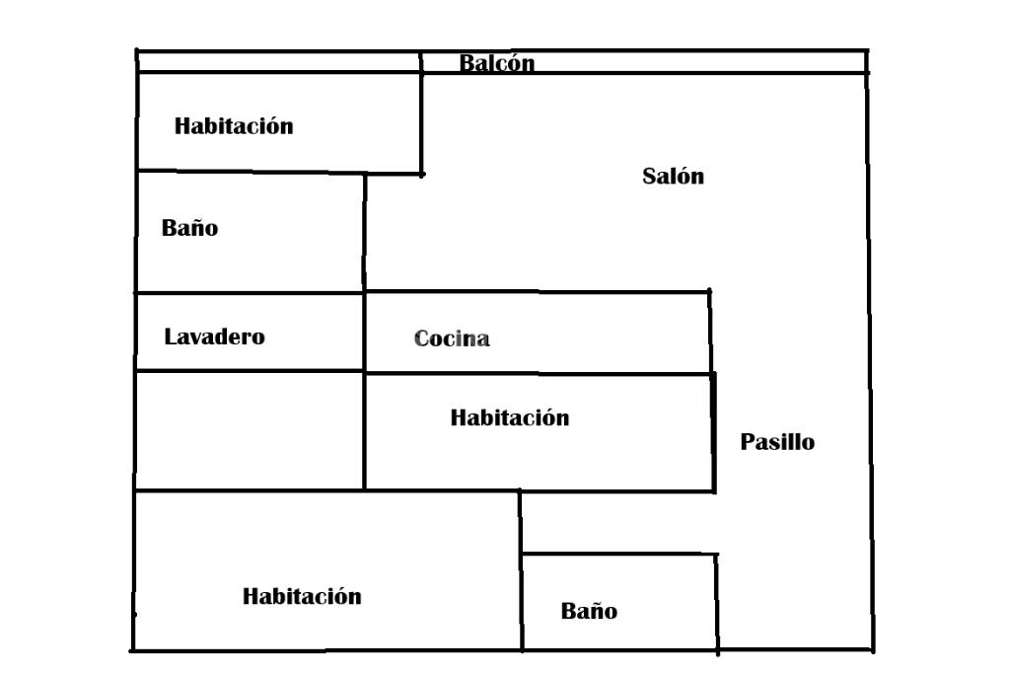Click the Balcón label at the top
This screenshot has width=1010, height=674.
[497, 64]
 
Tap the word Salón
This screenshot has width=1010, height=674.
[673, 177]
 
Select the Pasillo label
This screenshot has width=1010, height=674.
[777, 442]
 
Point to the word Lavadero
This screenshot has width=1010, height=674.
[214, 337]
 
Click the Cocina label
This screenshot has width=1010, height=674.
[452, 339]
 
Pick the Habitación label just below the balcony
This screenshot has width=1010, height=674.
[234, 126]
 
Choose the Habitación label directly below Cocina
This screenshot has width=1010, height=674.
[510, 417]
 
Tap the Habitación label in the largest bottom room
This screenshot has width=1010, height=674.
[302, 596]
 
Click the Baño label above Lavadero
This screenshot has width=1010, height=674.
[189, 228]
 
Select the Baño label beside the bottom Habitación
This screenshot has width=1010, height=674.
[589, 611]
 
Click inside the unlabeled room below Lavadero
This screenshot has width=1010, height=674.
[249, 430]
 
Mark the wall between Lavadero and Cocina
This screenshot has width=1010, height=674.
[365, 332]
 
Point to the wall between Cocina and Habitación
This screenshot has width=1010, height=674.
[538, 373]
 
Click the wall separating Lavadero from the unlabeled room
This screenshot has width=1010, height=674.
[249, 371]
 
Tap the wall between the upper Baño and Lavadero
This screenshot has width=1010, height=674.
[249, 292]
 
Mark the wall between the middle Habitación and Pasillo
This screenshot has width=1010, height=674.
[713, 431]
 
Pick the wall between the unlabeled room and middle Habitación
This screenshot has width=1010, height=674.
[364, 430]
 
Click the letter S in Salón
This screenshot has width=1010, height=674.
[649, 178]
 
